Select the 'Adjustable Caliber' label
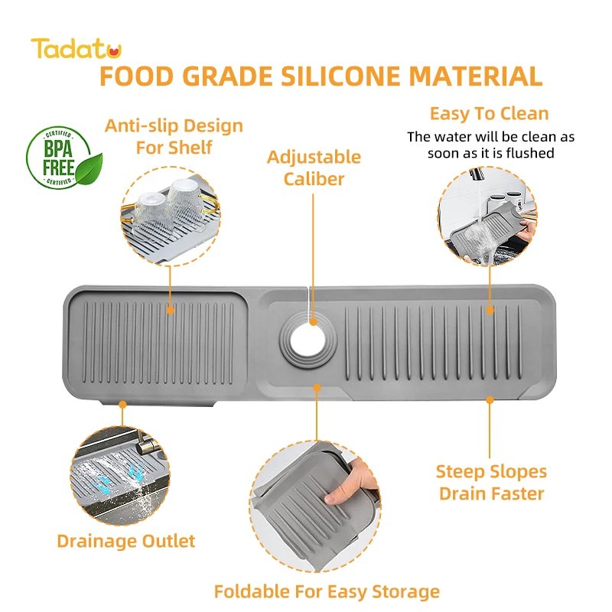coord(313,168)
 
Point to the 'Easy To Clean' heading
coord(489,114)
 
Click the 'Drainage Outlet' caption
coord(126,541)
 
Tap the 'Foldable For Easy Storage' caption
coord(327,591)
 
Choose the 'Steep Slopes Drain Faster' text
coord(491,482)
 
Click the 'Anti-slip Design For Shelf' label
coord(174,135)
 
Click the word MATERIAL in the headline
coord(476,76)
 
